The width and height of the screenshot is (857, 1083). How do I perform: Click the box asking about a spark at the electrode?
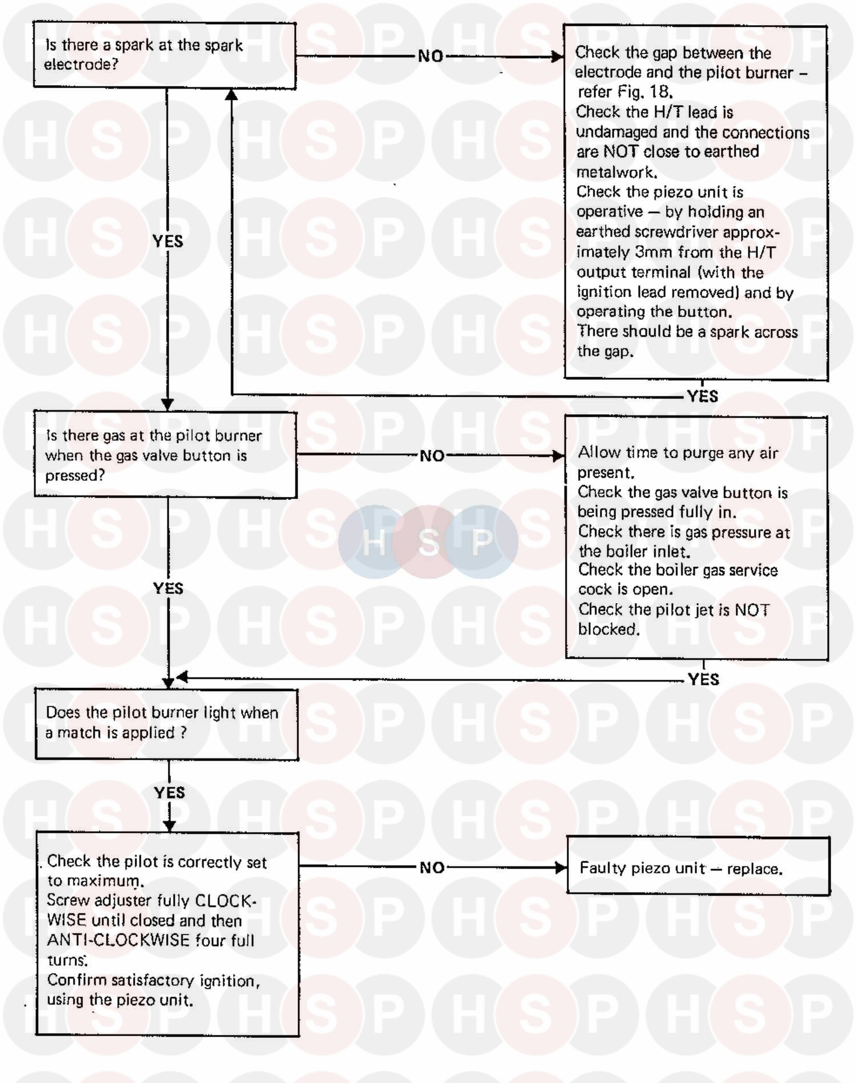(165, 55)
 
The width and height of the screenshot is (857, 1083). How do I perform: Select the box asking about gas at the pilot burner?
(165, 455)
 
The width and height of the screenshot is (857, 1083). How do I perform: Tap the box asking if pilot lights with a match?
(167, 724)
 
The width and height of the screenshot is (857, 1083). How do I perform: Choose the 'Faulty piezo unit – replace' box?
(698, 866)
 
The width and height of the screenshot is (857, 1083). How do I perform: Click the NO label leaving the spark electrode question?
(431, 56)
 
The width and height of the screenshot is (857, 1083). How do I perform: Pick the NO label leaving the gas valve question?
(432, 456)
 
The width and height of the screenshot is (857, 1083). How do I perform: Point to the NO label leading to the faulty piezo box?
(432, 868)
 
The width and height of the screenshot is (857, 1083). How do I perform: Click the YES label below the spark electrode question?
(168, 241)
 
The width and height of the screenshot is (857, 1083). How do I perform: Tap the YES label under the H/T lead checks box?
(703, 396)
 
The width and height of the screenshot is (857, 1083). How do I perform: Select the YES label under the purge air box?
(703, 679)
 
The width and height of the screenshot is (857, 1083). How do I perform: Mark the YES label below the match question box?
(170, 792)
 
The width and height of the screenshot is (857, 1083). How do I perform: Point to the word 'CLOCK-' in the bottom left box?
(226, 901)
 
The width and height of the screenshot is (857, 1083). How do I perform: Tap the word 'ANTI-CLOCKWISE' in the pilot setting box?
(118, 940)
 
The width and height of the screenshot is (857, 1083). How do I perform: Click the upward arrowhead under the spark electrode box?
(231, 95)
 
